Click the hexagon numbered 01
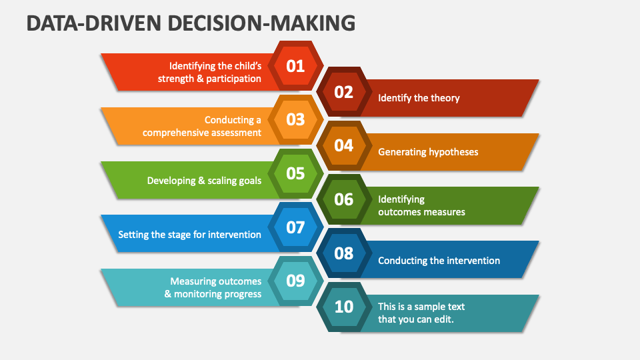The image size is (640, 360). [295, 66]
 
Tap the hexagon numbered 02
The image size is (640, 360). [344, 92]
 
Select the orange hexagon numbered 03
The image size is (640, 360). [295, 119]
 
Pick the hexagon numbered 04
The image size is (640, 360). [344, 146]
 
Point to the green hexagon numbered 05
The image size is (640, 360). [295, 173]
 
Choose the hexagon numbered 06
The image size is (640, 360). [344, 199]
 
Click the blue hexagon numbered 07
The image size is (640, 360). [295, 227]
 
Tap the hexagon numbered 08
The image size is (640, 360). [344, 253]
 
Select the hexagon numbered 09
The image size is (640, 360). [295, 281]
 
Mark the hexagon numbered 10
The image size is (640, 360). [344, 307]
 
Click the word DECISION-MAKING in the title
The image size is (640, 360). [261, 23]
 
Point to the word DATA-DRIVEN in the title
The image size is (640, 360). [94, 23]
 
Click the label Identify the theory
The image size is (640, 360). [419, 98]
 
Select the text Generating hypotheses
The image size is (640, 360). [428, 152]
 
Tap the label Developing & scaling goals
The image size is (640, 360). [204, 181]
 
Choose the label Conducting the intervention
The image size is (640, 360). [439, 261]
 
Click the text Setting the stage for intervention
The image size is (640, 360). [189, 234]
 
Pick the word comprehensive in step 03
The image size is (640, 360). [174, 133]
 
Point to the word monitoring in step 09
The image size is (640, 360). [195, 294]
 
